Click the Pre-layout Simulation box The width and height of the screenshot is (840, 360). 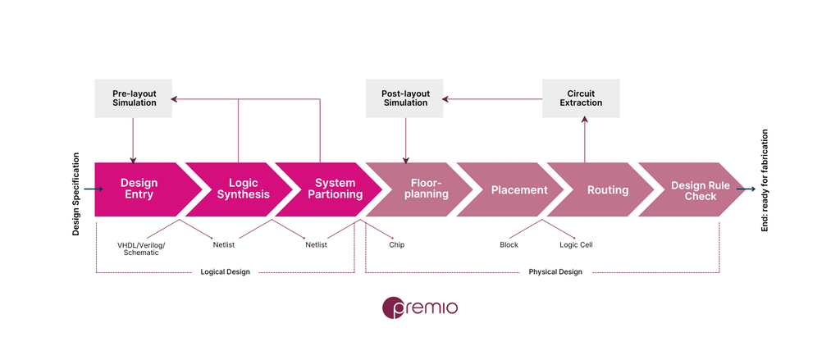pos(134,98)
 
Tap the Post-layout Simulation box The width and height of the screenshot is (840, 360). pos(404,98)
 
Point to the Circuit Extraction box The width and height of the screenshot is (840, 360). pos(582,98)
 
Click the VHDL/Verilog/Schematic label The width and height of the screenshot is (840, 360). pos(141,248)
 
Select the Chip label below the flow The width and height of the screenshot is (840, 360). pos(397,245)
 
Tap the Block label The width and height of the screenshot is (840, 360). pos(509,245)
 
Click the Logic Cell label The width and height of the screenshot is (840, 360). pos(577,245)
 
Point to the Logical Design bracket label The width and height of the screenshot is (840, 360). pos(225,271)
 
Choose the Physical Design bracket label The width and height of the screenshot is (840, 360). pos(555,271)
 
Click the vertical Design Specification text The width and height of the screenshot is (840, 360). pos(76,194)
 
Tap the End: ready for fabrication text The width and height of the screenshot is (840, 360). pos(765,180)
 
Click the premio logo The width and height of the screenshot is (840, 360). pos(420,308)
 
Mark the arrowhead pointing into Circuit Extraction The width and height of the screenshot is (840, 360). pos(584,121)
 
